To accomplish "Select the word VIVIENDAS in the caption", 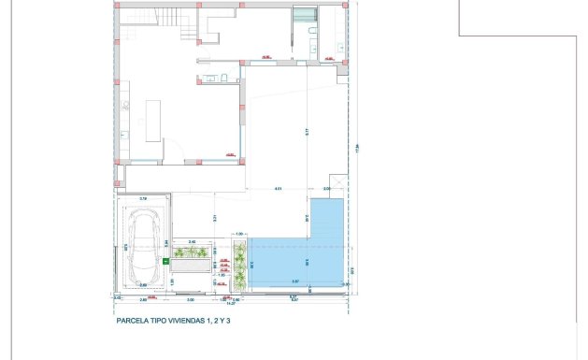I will point(191,320).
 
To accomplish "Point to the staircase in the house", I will point(178,22).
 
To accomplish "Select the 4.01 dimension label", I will point(278,191).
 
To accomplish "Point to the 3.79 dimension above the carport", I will point(143,199).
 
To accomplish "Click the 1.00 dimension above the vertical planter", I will point(239,234).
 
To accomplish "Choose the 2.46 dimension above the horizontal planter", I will point(192,242).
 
